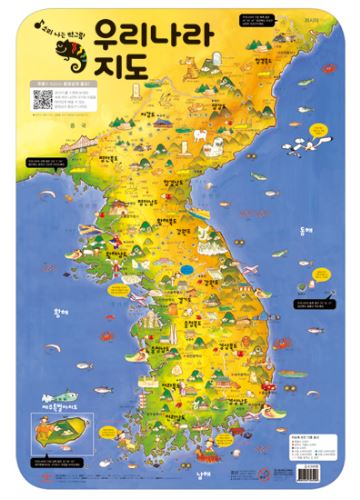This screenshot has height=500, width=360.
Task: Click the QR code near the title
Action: click(x=42, y=100)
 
